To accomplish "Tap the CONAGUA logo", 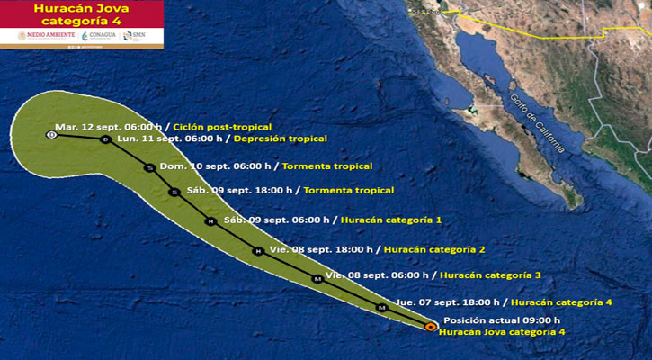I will coord(98,36).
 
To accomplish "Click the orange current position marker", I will coord(430,327).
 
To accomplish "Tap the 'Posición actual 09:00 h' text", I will coord(502,320).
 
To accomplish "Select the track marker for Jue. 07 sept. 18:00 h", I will coord(381,308).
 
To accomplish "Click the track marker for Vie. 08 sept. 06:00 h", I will coord(317,279).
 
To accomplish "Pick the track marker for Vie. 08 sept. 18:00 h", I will coord(257,252).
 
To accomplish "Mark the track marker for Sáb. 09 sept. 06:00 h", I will coord(210,221).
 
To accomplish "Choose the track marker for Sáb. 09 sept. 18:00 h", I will coord(174,192).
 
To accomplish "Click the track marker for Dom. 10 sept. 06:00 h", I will coord(149,167).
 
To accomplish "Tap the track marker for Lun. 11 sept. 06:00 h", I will coord(105,140).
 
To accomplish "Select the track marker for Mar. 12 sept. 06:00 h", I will coord(50,135).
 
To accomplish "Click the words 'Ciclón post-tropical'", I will coord(221,127).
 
